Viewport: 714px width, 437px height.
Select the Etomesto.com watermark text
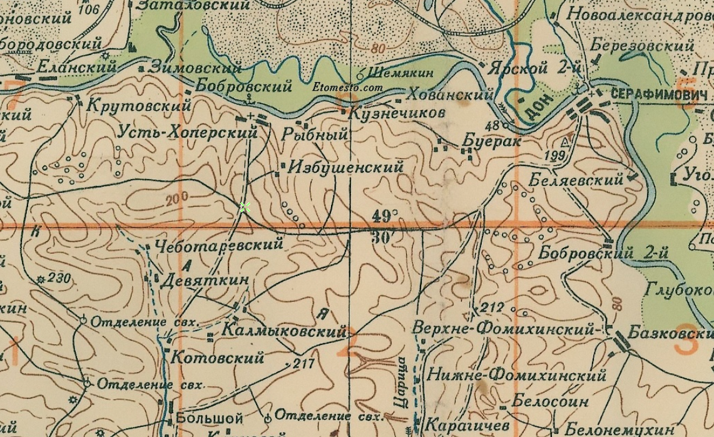point(347,88)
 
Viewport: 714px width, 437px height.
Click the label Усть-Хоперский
point(187,132)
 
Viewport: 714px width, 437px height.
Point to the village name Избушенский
point(345,167)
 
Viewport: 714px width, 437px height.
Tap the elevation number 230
point(58,277)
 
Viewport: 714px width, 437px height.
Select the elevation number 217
point(303,363)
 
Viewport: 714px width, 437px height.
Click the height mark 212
point(492,307)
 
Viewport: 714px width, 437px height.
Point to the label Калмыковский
point(283,331)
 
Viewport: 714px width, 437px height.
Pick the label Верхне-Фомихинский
point(502,328)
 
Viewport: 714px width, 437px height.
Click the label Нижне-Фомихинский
point(516,375)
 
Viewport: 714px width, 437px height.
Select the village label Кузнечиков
point(396,113)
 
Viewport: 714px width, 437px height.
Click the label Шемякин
point(400,73)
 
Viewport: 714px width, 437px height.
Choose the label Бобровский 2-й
point(603,254)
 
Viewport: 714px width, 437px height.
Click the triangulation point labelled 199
point(554,155)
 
